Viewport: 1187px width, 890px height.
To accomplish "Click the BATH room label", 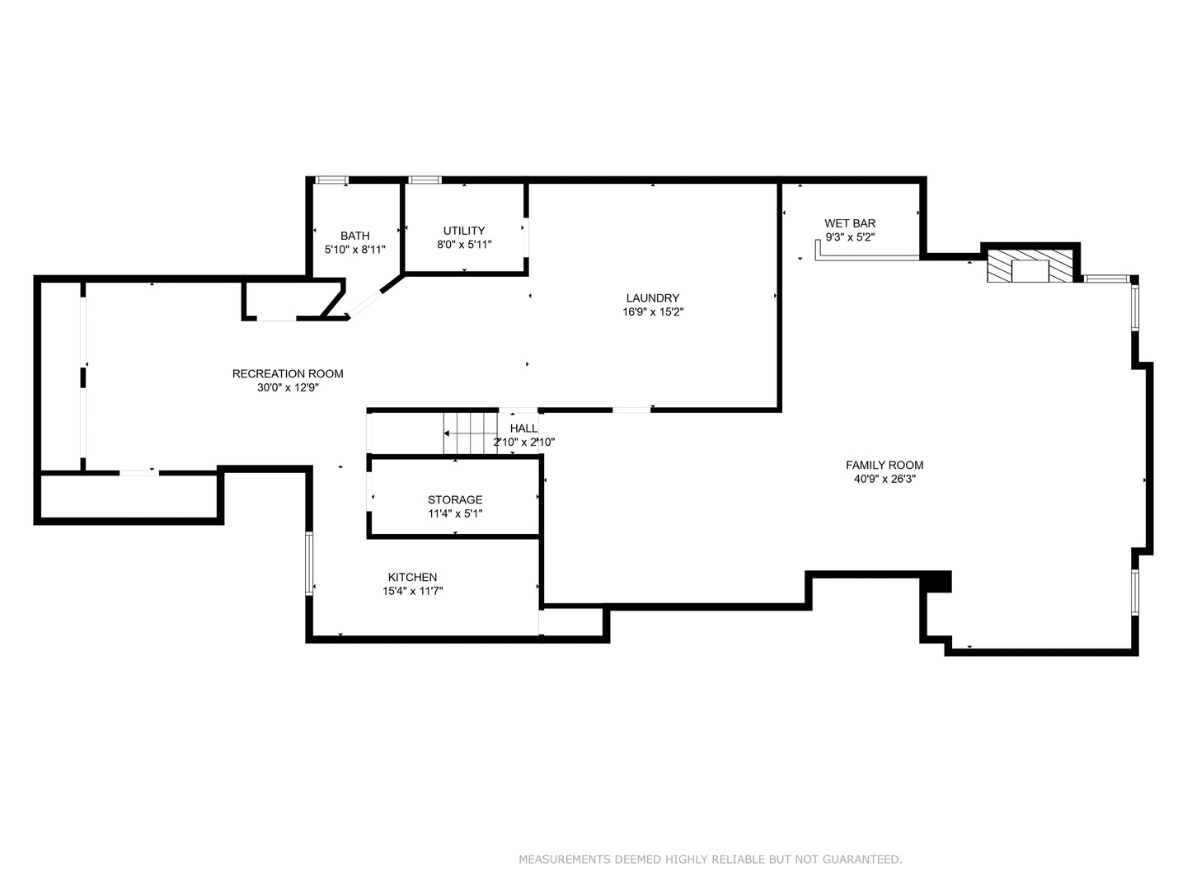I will (354, 236).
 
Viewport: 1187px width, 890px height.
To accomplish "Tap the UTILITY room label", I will (463, 231).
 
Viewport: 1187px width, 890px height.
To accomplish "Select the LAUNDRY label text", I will (652, 298).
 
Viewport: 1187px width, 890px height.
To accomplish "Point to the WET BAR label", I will (850, 223).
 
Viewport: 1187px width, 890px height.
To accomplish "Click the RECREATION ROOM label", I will (288, 374).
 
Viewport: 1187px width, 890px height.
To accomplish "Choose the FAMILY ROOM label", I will (884, 465).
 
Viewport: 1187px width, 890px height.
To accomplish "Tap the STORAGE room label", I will (455, 500).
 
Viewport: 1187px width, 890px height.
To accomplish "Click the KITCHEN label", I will (412, 578).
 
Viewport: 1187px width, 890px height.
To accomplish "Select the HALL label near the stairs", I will (523, 429).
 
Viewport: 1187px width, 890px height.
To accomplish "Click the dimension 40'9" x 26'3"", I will (884, 479).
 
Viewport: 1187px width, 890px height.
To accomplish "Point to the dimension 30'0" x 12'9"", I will (288, 387).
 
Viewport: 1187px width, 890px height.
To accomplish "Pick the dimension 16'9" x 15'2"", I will (652, 312).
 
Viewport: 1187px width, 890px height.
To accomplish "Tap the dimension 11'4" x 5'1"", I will (455, 513).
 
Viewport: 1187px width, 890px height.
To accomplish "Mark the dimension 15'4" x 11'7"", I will (412, 591).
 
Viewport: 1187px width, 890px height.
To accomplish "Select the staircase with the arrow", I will (471, 433).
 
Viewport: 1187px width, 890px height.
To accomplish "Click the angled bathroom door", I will (364, 302).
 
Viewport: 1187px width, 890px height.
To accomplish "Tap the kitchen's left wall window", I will (309, 564).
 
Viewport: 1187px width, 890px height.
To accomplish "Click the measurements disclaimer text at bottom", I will (710, 860).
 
